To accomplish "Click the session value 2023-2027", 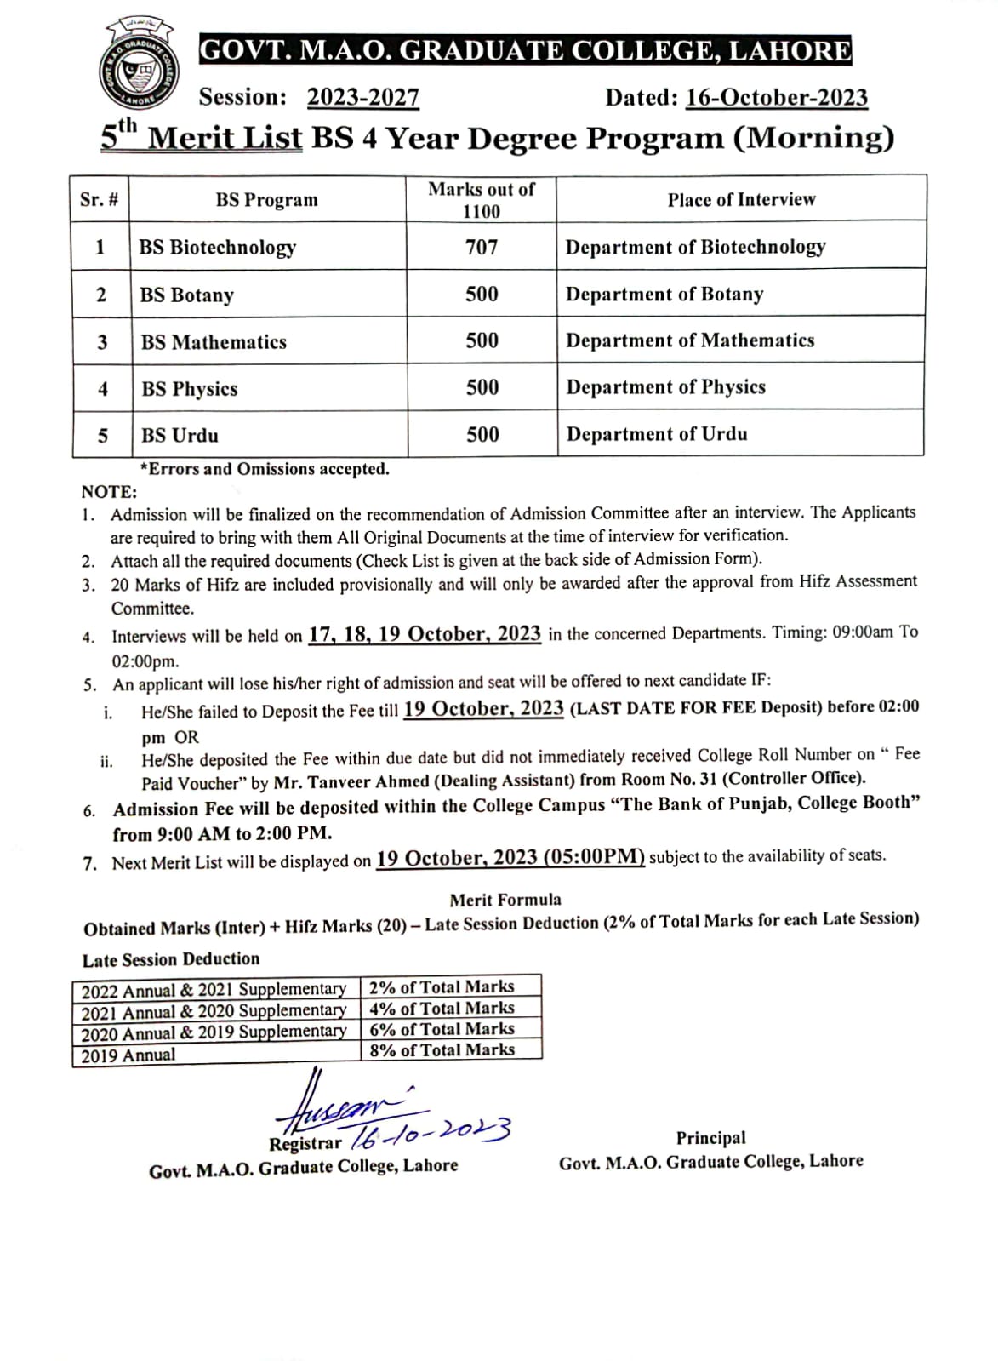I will (362, 98).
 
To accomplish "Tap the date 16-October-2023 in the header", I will (776, 98).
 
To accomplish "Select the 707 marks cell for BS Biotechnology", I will (482, 247).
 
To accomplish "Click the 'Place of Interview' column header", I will (741, 200).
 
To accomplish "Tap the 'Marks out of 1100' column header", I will (482, 200).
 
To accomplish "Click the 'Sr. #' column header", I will (100, 200).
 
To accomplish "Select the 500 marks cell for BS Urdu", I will (482, 434).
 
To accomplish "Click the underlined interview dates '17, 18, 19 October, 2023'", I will (424, 634).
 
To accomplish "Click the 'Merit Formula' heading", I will (505, 900).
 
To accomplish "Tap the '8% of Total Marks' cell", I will (442, 1050).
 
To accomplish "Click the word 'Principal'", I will (710, 1138).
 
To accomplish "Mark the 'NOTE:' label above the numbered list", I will (109, 492).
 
